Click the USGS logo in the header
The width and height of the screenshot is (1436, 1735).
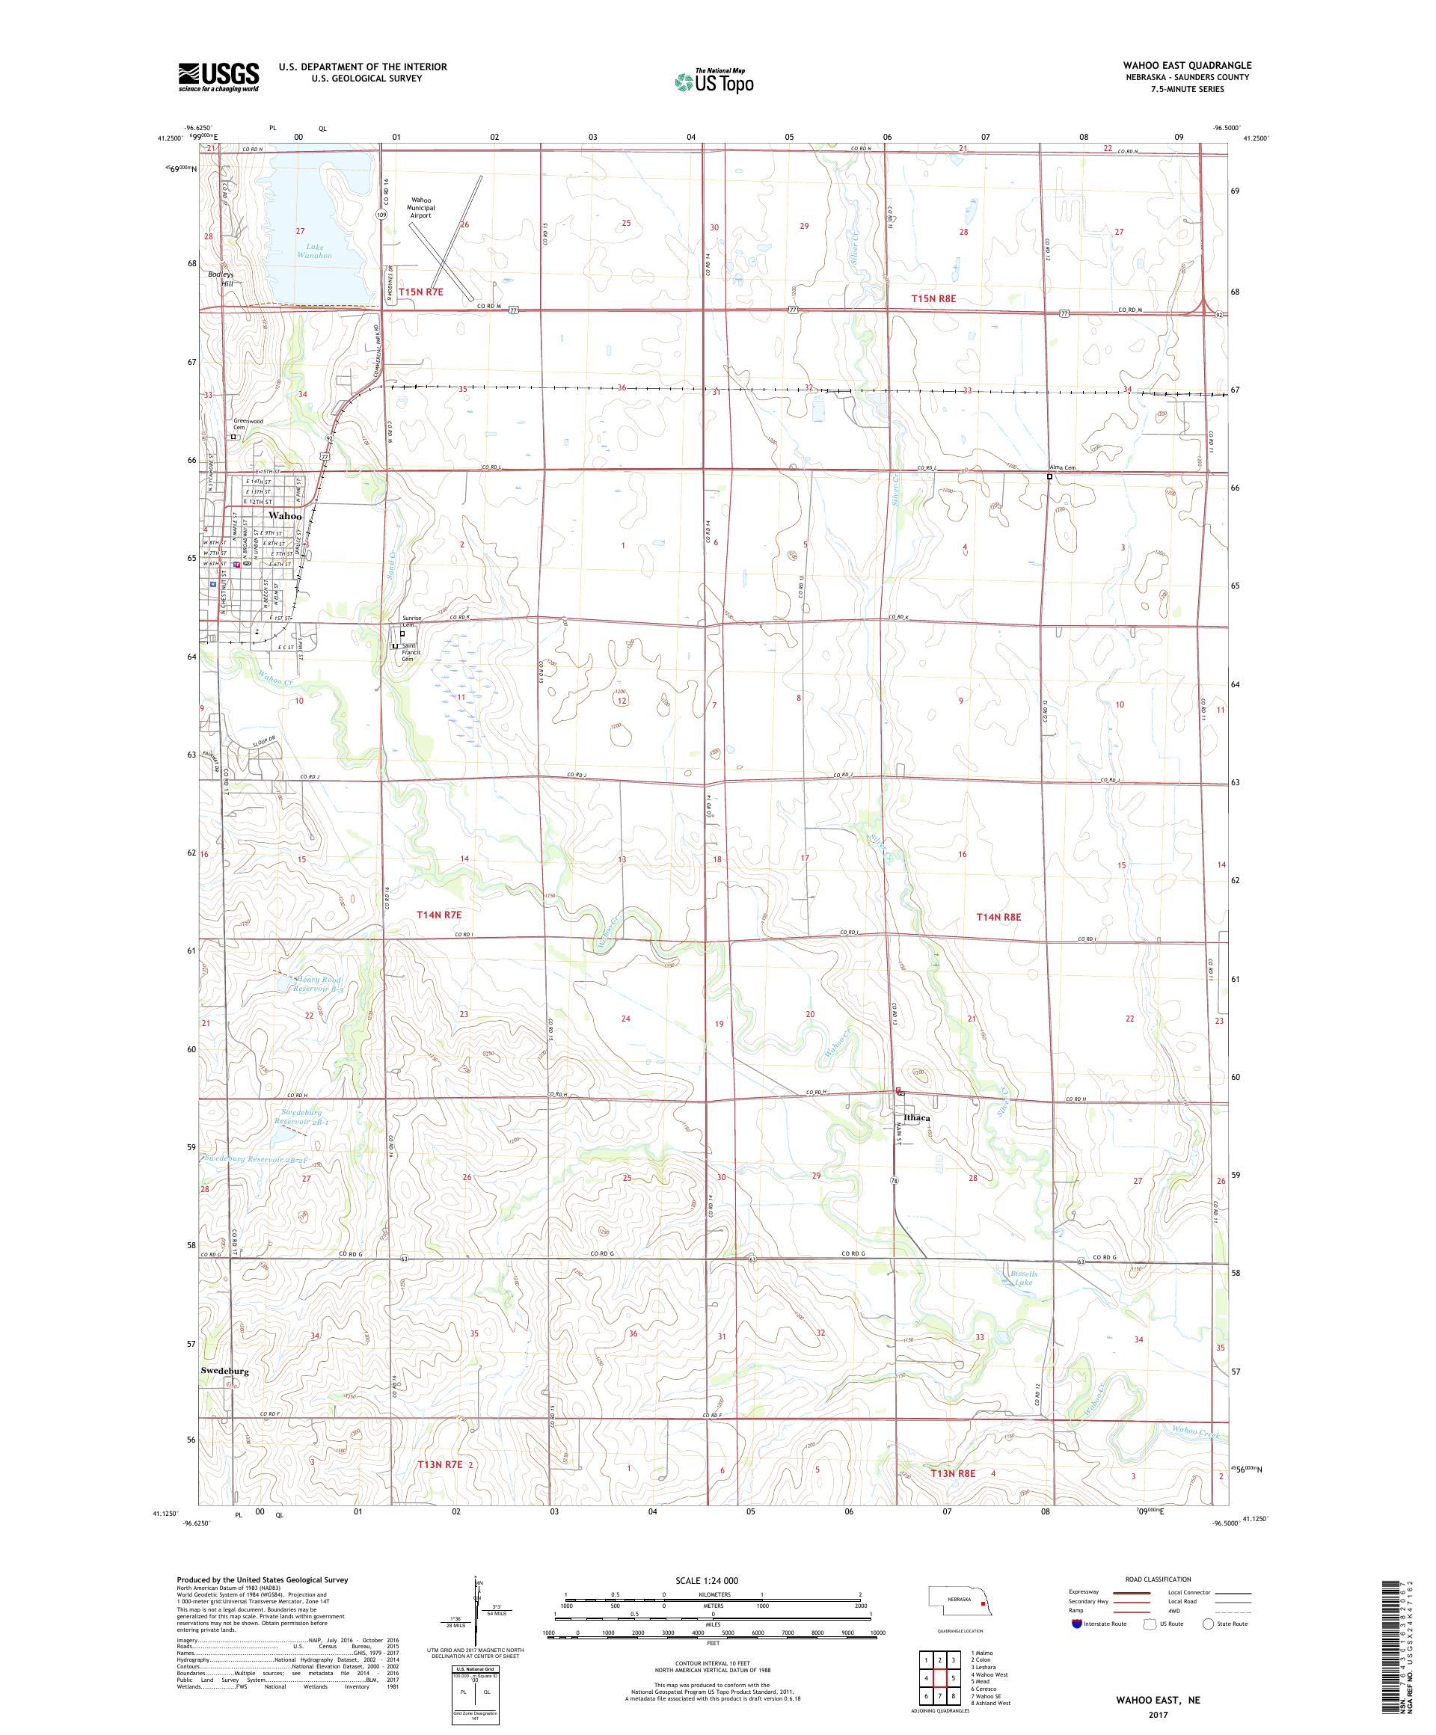[219, 77]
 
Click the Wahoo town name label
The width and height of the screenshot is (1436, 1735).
[284, 515]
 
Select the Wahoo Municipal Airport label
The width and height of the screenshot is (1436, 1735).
[420, 207]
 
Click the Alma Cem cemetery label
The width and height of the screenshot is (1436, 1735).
[1063, 467]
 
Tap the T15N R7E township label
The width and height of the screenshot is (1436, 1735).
[420, 292]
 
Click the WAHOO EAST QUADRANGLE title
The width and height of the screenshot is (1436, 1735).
[1186, 65]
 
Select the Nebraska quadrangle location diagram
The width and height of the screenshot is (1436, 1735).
[957, 1603]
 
